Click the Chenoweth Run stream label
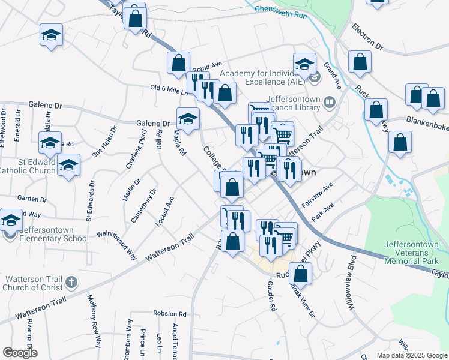pyautogui.click(x=280, y=9)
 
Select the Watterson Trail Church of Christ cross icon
pyautogui.click(x=71, y=282)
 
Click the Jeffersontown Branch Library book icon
pyautogui.click(x=329, y=103)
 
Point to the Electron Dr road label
pyautogui.click(x=367, y=37)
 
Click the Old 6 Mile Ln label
pyautogui.click(x=169, y=89)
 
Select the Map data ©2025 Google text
pyautogui.click(x=411, y=355)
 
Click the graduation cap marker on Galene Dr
pyautogui.click(x=188, y=118)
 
